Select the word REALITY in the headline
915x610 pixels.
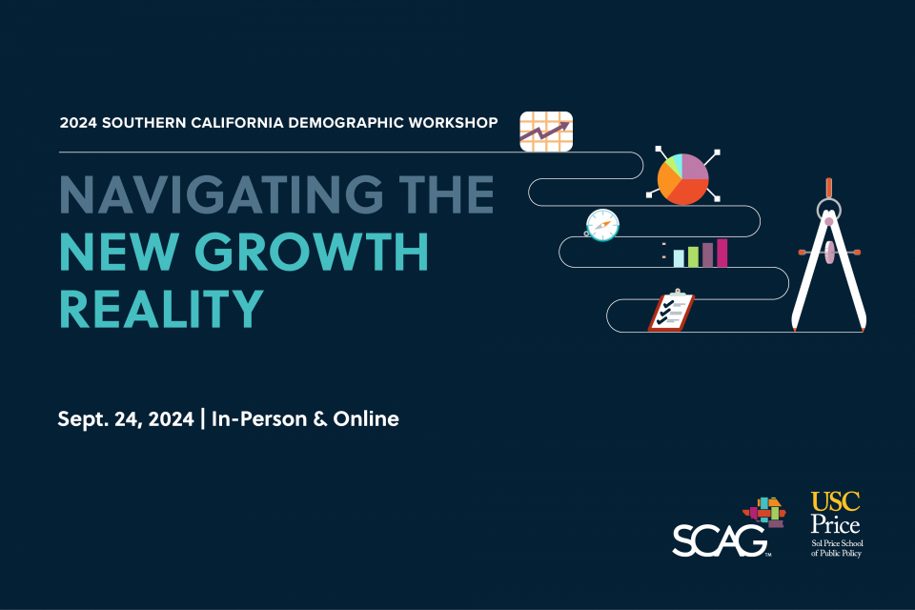160,307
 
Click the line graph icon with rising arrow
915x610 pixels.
546,131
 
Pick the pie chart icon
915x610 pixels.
682,177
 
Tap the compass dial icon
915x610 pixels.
602,225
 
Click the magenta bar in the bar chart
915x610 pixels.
722,253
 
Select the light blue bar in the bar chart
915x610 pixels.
679,257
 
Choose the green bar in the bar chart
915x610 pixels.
693,256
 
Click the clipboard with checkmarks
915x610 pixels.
671,312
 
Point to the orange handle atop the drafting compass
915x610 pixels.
829,188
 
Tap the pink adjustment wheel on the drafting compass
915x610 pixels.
829,252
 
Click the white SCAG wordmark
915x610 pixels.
720,541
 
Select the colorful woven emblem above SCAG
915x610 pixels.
766,513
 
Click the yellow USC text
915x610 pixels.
835,501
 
